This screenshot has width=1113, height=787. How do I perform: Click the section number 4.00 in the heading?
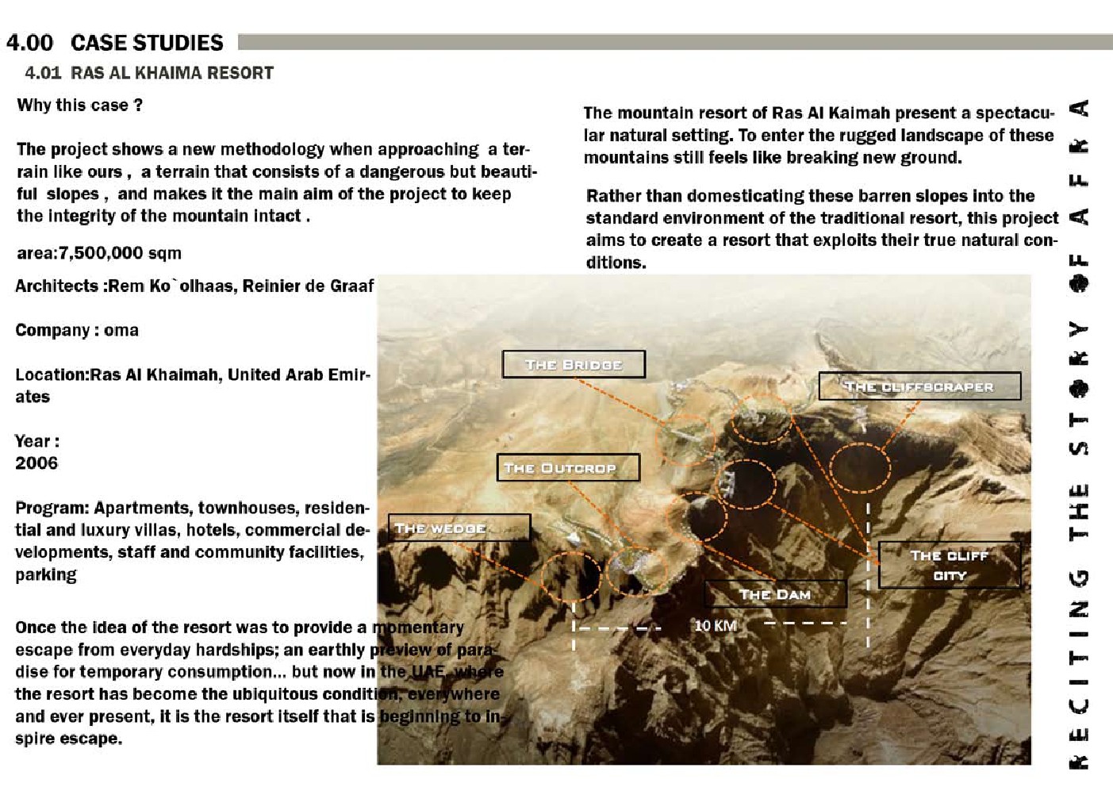point(30,43)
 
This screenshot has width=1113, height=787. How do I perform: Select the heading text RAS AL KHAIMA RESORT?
point(171,73)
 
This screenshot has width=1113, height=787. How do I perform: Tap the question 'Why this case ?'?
point(79,106)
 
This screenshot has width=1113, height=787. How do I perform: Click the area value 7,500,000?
point(101,254)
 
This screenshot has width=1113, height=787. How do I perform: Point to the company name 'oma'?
point(121,330)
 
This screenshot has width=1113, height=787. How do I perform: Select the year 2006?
point(36,463)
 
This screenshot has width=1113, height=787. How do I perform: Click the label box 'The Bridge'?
point(574,365)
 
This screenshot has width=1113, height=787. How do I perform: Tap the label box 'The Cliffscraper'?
point(919,386)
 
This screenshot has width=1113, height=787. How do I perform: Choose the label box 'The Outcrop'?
point(568,468)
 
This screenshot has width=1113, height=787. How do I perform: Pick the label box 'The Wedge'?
point(459,528)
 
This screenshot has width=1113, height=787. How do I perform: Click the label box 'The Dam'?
point(775,594)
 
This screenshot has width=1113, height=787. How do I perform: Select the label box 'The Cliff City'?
point(949,565)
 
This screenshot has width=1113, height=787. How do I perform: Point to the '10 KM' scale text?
point(716,625)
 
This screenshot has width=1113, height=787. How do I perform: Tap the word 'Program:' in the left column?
point(52,508)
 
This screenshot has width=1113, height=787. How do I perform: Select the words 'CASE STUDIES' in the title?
point(147,43)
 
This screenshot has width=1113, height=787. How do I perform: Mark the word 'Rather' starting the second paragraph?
point(612,196)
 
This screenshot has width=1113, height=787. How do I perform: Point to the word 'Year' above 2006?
point(33,441)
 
